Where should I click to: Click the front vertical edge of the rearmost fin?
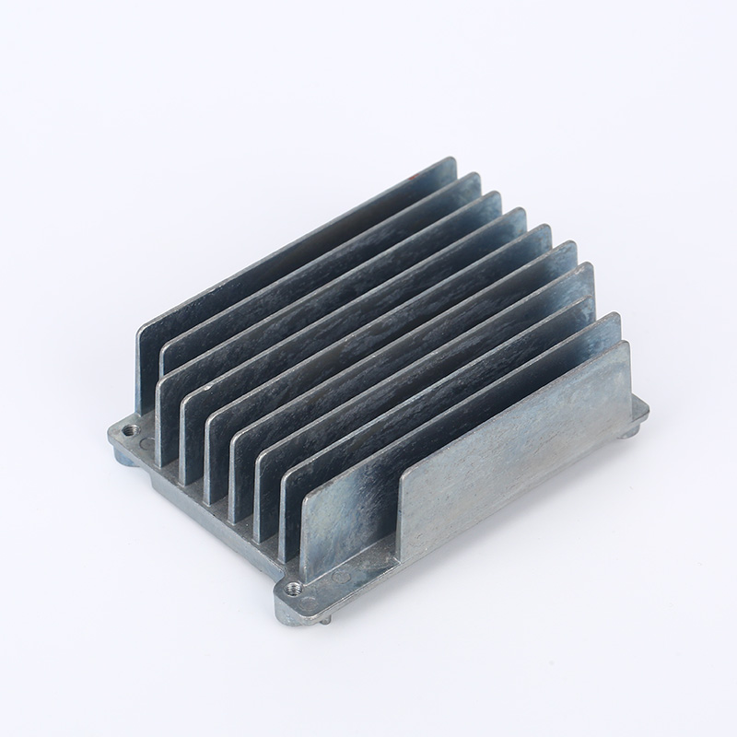click(x=139, y=368)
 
